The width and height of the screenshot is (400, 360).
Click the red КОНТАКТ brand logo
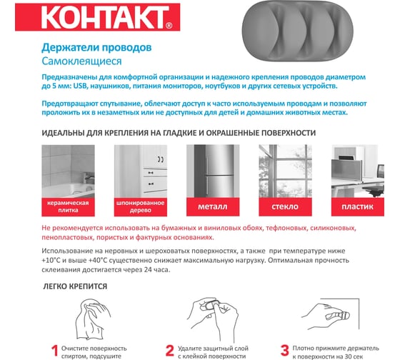[x=97, y=17]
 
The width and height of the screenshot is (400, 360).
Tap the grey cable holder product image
[x=297, y=31]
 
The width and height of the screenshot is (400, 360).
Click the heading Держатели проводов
[x=96, y=47]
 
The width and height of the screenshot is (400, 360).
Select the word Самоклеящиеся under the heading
[x=81, y=61]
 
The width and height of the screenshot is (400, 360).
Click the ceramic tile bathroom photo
[x=68, y=171]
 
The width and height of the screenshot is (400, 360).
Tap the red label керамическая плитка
[x=68, y=206]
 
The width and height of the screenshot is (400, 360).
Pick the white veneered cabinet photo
[x=141, y=171]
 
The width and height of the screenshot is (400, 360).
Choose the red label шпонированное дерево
[x=141, y=206]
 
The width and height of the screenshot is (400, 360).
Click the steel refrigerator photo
[x=213, y=171]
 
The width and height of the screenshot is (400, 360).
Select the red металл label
[x=213, y=206]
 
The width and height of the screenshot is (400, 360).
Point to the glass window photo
[x=285, y=171]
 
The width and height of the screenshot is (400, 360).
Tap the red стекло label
[x=285, y=206]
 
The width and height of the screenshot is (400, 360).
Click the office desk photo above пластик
[x=358, y=171]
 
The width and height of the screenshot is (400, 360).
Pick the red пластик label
[x=358, y=206]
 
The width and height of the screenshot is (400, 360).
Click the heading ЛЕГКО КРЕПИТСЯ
[x=75, y=286]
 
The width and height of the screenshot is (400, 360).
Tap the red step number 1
[x=55, y=351]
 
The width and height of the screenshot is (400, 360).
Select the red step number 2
[x=170, y=351]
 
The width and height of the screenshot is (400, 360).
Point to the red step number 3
[x=285, y=351]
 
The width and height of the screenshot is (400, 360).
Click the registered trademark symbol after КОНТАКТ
[x=169, y=26]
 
